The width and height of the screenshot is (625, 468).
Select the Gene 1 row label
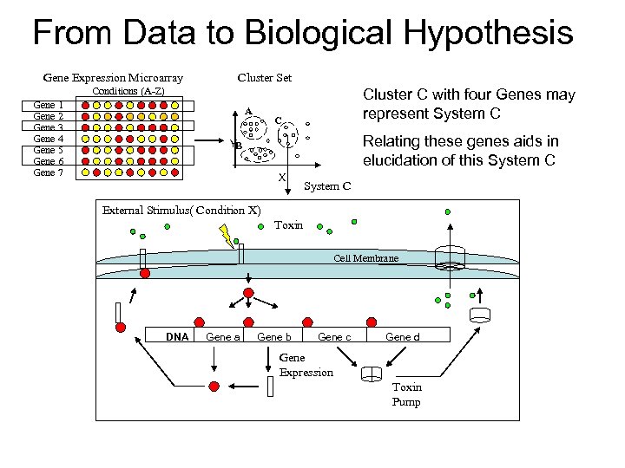point(48,105)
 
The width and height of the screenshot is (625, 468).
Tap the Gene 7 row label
point(48,172)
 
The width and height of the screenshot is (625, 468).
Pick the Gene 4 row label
point(48,139)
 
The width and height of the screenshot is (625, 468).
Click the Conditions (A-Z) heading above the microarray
point(128,91)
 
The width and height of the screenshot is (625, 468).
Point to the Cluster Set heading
point(264,78)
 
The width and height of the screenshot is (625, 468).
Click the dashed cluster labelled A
point(253,128)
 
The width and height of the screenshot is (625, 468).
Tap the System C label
point(327,185)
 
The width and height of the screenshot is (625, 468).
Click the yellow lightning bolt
point(228,235)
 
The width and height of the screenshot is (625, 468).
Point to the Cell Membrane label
point(365,258)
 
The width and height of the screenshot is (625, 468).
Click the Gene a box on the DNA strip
point(223,336)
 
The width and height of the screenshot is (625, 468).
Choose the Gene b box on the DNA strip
point(274,336)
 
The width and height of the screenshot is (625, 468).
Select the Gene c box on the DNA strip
point(334,336)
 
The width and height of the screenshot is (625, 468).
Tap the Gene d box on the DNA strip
point(402,336)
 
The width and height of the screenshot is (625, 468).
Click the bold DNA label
point(177,336)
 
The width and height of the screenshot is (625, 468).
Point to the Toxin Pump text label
point(406,394)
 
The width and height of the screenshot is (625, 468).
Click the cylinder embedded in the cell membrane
point(450,257)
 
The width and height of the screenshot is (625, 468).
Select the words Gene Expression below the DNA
point(305,365)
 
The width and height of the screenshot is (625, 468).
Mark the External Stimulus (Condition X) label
point(181,210)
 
